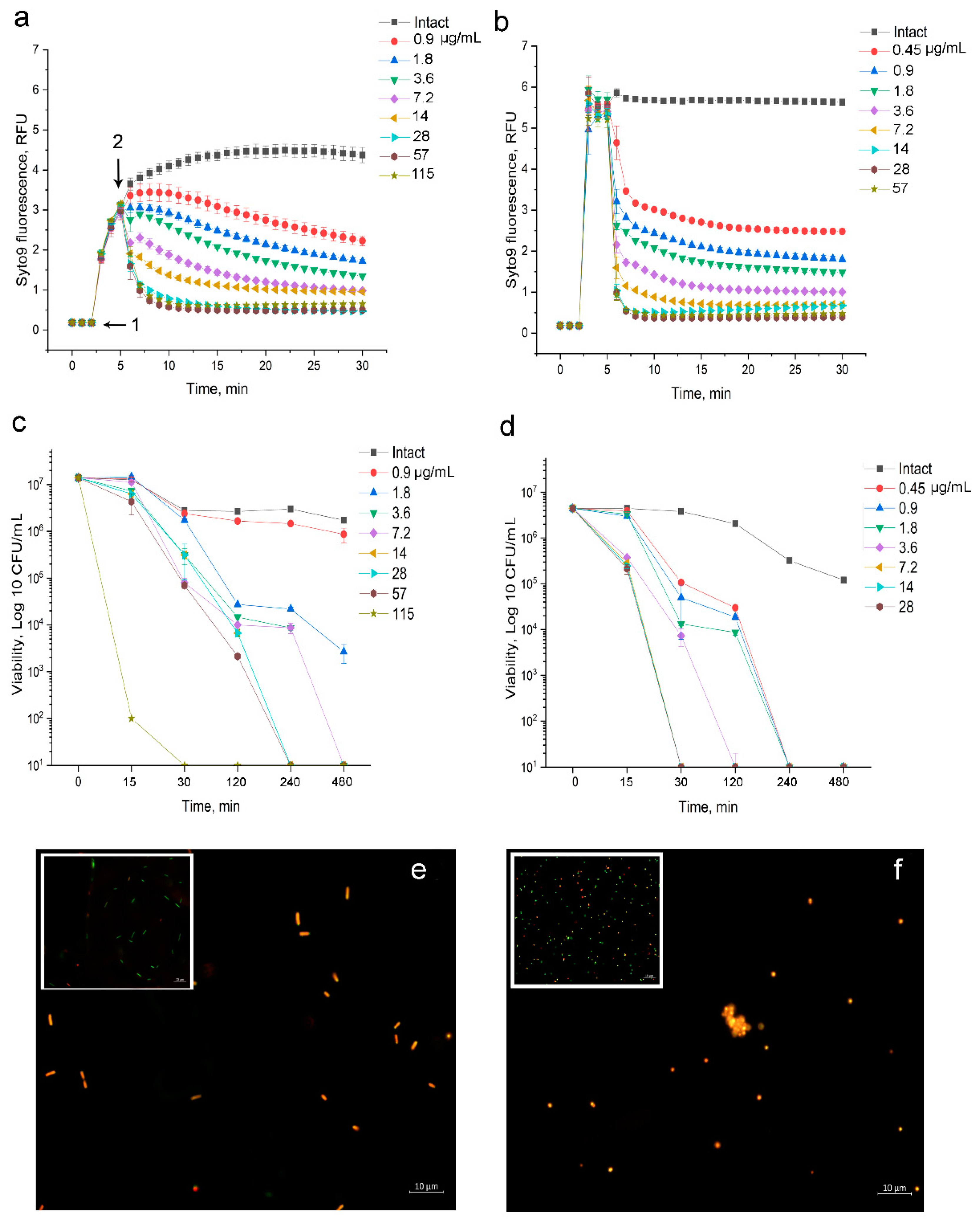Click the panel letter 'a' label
(21, 19)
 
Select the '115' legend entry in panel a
(422, 174)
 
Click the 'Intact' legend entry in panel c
(408, 453)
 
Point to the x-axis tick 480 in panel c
(342, 782)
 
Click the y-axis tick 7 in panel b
(525, 46)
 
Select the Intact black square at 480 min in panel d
(843, 580)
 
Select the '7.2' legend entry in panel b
(903, 130)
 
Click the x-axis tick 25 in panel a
(314, 366)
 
